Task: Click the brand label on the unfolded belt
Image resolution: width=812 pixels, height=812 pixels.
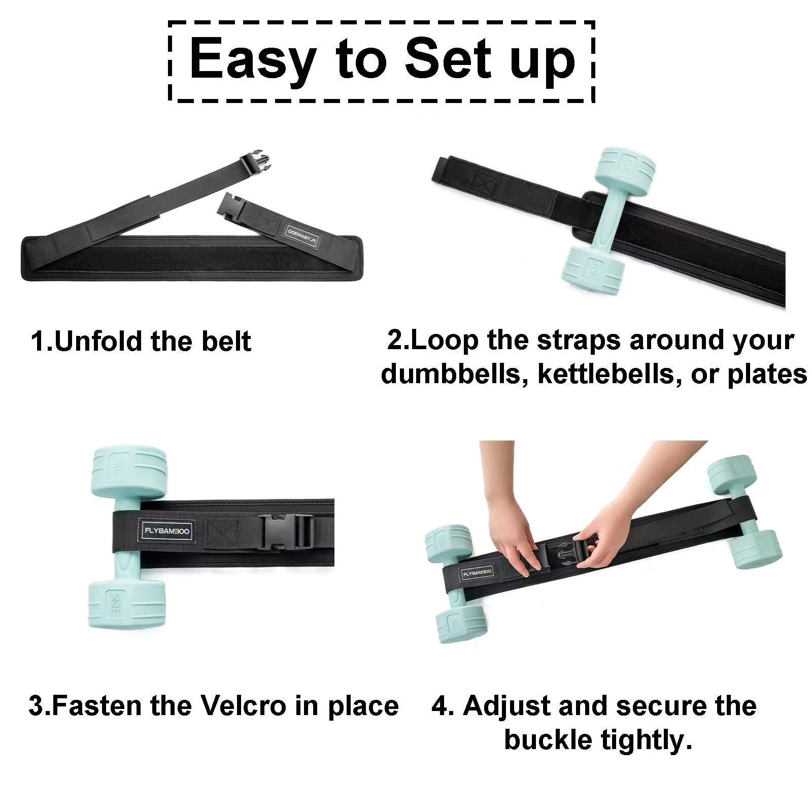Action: click(x=302, y=235)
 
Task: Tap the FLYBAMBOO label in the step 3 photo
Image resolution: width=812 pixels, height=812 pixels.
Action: click(x=167, y=531)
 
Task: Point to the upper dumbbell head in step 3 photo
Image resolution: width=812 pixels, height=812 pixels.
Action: click(x=129, y=472)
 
